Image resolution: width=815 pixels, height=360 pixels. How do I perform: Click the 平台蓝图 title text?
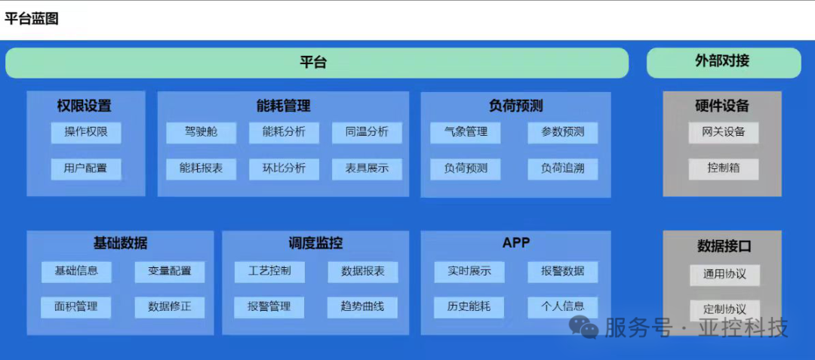[x=32, y=19]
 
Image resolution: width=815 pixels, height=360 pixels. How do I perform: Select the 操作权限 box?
[x=86, y=132]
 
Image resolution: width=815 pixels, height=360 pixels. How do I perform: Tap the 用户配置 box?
[x=86, y=168]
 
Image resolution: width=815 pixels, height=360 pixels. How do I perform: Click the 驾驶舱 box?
[x=201, y=132]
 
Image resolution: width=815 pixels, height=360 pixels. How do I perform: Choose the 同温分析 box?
[x=367, y=132]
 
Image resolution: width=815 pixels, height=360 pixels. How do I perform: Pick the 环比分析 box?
[x=284, y=168]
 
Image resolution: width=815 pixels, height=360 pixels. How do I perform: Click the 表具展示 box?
[x=367, y=168]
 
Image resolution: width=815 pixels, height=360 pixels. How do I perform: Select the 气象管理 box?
[x=466, y=132]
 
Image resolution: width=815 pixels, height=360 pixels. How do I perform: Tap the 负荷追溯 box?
[x=562, y=168]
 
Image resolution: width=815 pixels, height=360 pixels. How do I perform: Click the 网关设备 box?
[x=723, y=132]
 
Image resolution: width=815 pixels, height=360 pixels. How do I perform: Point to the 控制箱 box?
[x=723, y=168]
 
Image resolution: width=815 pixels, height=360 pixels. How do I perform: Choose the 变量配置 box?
[x=170, y=271]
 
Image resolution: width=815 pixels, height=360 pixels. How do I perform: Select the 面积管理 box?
[x=75, y=306]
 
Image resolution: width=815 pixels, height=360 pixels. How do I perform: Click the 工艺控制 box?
[x=269, y=271]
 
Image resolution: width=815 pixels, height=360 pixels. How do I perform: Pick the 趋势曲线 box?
[x=363, y=306]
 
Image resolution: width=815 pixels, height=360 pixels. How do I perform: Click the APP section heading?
[x=516, y=243]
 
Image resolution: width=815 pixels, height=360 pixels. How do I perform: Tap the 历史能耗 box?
[x=469, y=306]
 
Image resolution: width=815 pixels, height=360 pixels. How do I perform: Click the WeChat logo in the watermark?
[x=583, y=327]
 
